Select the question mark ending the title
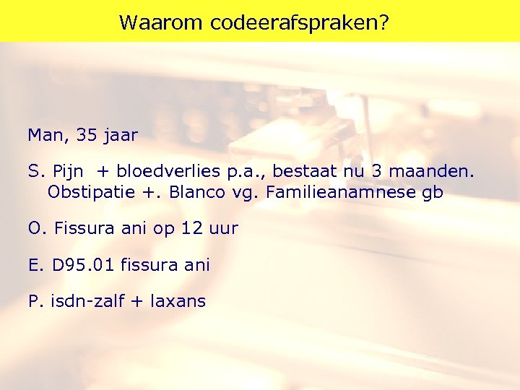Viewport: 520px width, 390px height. (383, 22)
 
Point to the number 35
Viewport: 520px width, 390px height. (86, 135)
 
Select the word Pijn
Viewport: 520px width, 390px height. (70, 172)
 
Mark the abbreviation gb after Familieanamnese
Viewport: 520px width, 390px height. (433, 194)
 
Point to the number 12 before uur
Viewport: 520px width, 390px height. (191, 229)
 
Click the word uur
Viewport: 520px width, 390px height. (223, 229)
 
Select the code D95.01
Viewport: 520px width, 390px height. (84, 265)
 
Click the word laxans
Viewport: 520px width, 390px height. (178, 301)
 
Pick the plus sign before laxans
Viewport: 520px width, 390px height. (136, 301)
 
